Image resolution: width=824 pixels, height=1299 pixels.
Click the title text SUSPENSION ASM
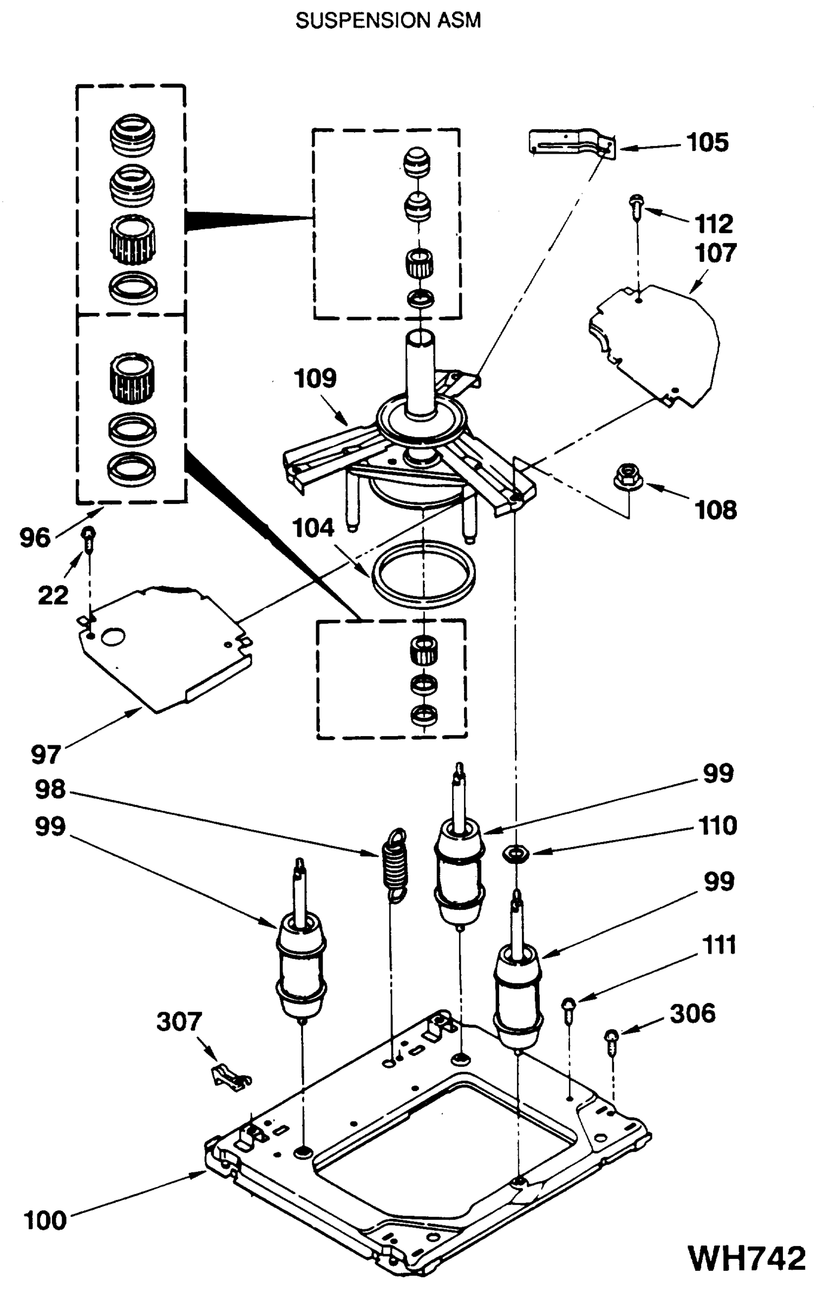(388, 21)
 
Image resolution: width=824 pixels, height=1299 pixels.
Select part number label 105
(707, 143)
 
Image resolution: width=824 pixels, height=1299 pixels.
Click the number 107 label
(715, 253)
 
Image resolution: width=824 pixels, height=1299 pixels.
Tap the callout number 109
(315, 378)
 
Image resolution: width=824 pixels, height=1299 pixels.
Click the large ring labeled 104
(423, 574)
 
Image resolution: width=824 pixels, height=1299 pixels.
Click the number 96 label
(35, 538)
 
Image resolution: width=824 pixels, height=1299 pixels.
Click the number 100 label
(45, 1221)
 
